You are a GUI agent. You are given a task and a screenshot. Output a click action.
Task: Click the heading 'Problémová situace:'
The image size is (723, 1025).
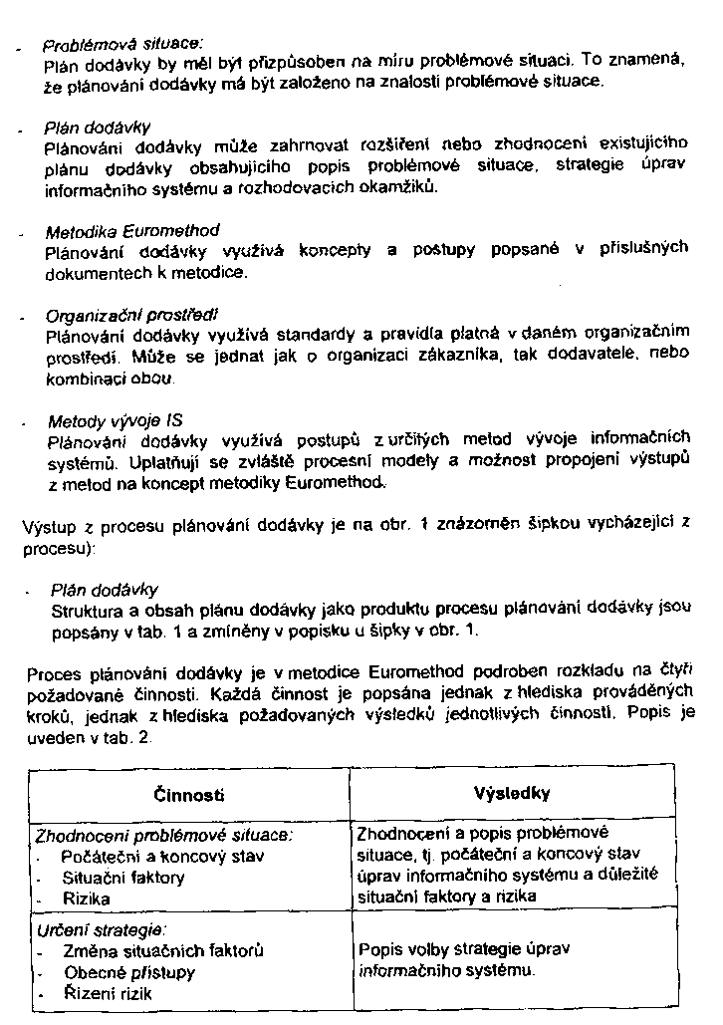click(x=121, y=44)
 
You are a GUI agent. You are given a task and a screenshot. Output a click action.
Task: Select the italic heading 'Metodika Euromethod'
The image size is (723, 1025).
click(x=131, y=231)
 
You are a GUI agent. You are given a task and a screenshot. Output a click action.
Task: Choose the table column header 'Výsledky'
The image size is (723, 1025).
click(x=514, y=794)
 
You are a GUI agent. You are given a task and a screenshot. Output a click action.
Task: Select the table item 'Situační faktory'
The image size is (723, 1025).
click(x=122, y=878)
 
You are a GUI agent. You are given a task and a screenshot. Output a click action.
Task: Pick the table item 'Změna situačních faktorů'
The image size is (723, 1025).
click(x=162, y=950)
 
